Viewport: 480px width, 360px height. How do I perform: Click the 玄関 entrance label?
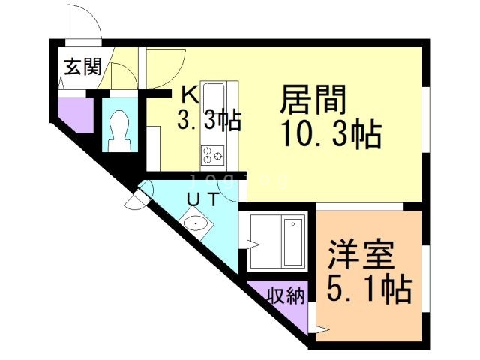82,67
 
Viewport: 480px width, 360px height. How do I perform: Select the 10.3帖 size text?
331,136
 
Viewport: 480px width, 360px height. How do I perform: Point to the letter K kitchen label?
190,95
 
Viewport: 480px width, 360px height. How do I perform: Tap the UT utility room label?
202,199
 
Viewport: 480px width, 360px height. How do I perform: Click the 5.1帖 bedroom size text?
367,288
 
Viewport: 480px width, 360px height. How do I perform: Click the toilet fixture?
119,130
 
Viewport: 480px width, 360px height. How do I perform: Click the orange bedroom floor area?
367,315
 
